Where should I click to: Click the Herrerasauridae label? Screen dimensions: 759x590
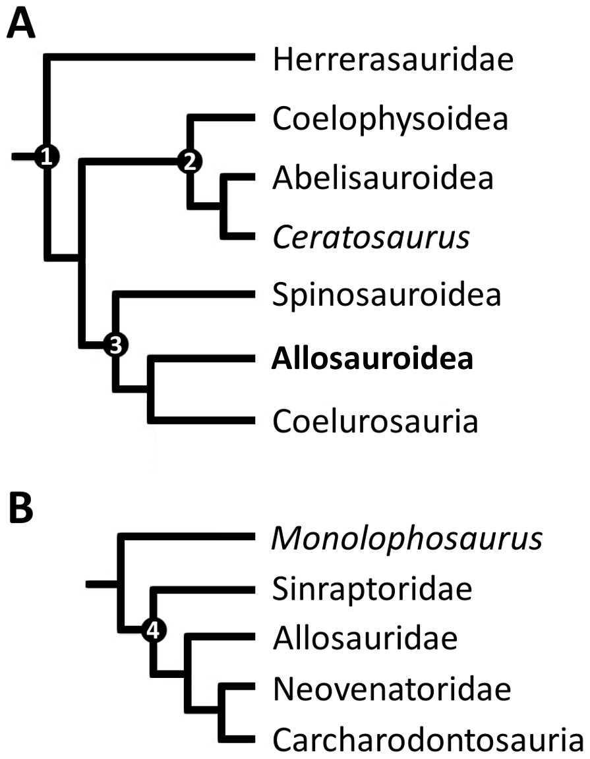coord(393,61)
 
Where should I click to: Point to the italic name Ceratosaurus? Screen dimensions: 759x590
coord(371,237)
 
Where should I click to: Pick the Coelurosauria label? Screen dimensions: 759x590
coord(375,420)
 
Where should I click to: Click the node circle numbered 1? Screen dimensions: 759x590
coord(46,157)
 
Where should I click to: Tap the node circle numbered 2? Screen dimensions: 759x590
coord(189,161)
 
